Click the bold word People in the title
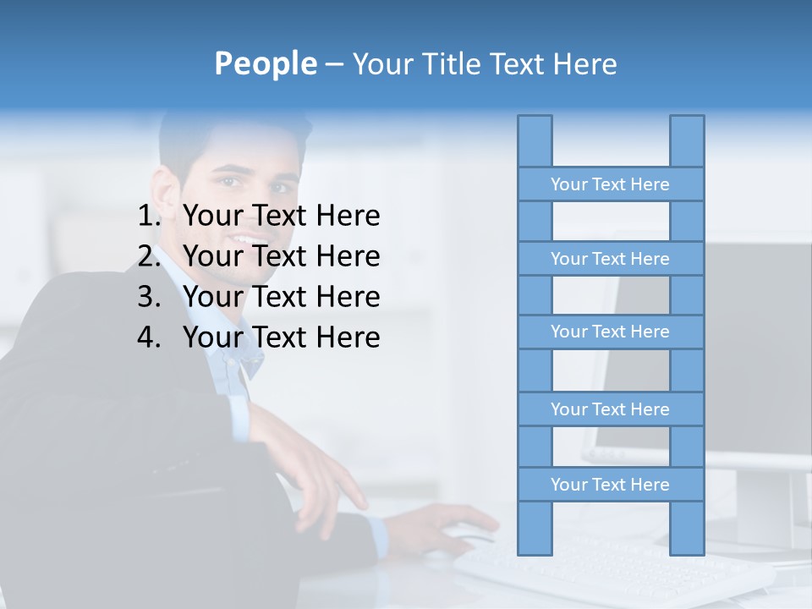(x=265, y=63)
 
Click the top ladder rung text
(x=610, y=184)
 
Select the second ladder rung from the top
(x=610, y=259)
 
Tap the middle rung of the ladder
(x=610, y=332)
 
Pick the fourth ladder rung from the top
(x=610, y=409)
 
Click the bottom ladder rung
(x=610, y=485)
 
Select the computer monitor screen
(x=744, y=338)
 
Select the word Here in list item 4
(x=347, y=337)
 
